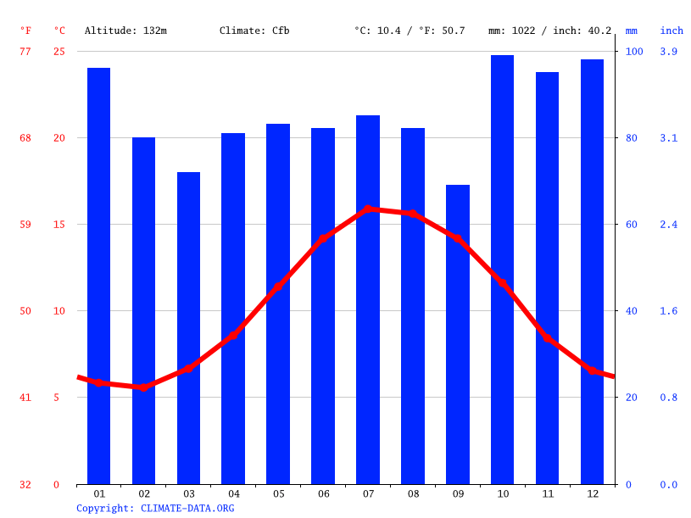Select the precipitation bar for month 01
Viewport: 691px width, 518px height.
pos(98,276)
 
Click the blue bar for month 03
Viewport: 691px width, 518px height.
pos(188,328)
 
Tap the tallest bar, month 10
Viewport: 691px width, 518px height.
pos(502,270)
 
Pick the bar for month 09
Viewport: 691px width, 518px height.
pos(458,334)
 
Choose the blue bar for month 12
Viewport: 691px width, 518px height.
pos(592,271)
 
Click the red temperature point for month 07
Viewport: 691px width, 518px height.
pos(368,209)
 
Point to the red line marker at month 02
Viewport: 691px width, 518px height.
pos(143,387)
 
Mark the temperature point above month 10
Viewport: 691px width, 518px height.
pos(502,284)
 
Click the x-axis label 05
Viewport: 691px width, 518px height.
pos(278,493)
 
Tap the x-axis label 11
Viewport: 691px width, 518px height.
pos(547,493)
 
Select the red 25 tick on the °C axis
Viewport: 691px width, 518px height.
pos(59,52)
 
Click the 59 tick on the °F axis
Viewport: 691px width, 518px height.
pos(25,225)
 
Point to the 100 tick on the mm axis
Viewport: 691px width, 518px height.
pos(634,52)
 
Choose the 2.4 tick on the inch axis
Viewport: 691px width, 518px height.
pos(668,225)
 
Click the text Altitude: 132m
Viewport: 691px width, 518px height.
pos(125,31)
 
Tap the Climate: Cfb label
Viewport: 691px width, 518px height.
pos(254,31)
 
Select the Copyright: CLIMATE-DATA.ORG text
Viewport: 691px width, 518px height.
pos(155,509)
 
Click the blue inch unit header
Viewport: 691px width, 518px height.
pos(671,31)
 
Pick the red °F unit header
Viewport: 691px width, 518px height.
pos(25,31)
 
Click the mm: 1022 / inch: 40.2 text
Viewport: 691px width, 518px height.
pos(549,31)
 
